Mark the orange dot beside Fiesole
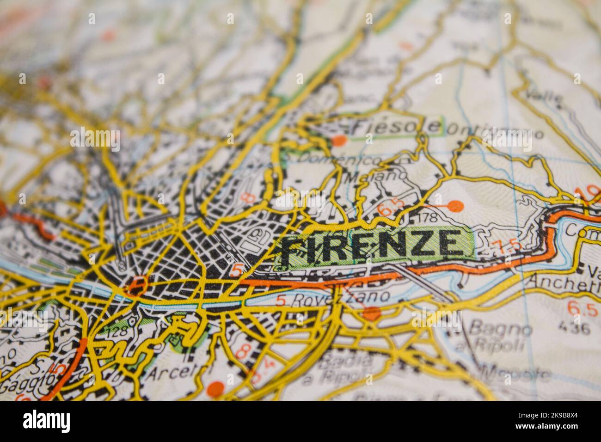coord(340,140)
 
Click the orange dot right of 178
coord(455,205)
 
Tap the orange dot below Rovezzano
coord(371,314)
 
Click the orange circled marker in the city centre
coord(137,285)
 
